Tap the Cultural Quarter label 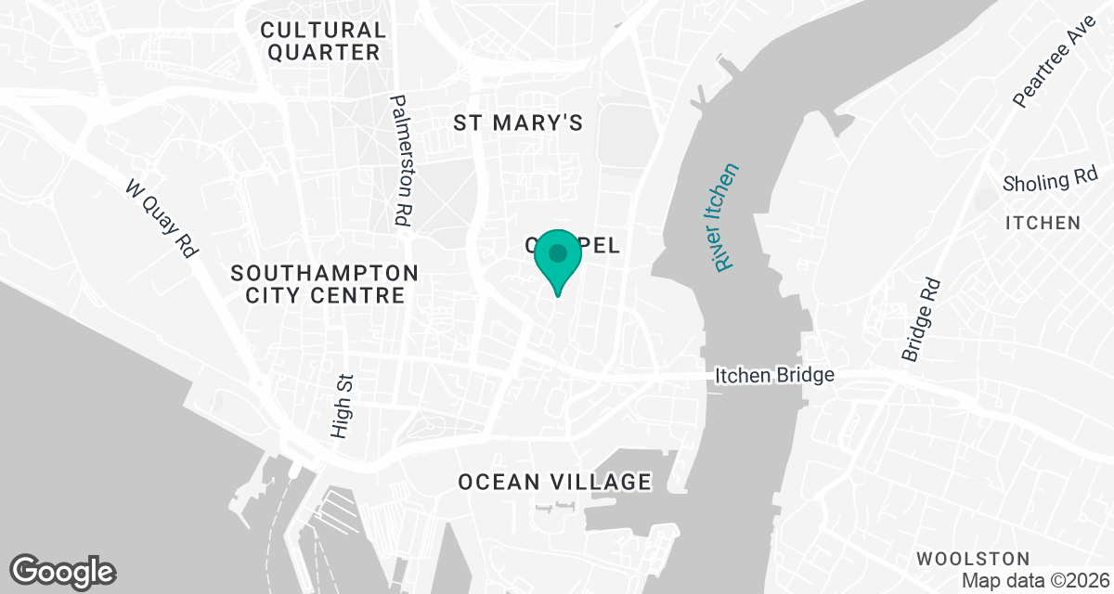[x=324, y=42]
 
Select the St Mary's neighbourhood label [x=518, y=123]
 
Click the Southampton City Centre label [x=324, y=284]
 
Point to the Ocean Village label [x=554, y=482]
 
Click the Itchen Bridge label [x=775, y=376]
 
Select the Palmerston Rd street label [x=403, y=160]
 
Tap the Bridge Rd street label [x=921, y=320]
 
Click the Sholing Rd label [x=1050, y=181]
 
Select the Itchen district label [x=1043, y=223]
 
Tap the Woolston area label [x=972, y=559]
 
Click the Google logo [x=64, y=571]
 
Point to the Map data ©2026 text [x=1035, y=581]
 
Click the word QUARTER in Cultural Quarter [x=324, y=53]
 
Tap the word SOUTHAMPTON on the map [x=324, y=273]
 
